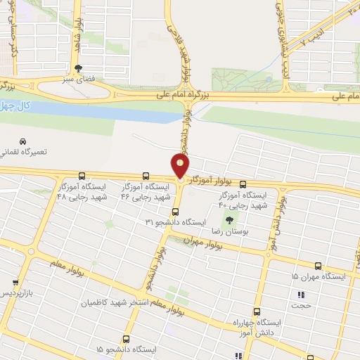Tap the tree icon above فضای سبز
pos(78,68)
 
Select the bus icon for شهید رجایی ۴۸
pos(82,176)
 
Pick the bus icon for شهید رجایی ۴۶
pos(146,176)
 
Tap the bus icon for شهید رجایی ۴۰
pos(243,182)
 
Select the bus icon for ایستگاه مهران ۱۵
pos(319,266)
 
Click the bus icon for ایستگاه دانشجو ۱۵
pos(126,339)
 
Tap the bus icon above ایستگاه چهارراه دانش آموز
pos(257,311)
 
